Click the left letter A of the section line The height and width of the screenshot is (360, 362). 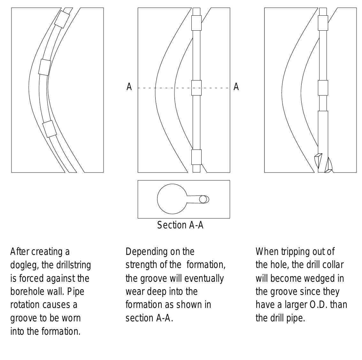tap(129, 87)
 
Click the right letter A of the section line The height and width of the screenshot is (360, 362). tap(236, 87)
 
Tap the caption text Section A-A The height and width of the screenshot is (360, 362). tap(180, 225)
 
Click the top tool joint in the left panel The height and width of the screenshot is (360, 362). tap(62, 19)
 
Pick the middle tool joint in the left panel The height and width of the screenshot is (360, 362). tap(44, 67)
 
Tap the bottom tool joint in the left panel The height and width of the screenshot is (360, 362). tap(50, 129)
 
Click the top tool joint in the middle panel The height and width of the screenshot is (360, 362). tap(196, 23)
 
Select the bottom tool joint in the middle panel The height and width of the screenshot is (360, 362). tap(196, 157)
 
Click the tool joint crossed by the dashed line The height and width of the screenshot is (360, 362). tap(196, 88)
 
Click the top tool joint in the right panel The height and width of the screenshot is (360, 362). tap(323, 23)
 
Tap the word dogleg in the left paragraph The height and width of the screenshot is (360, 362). tap(25, 265)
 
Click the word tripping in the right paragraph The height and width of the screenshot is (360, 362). tap(296, 252)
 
